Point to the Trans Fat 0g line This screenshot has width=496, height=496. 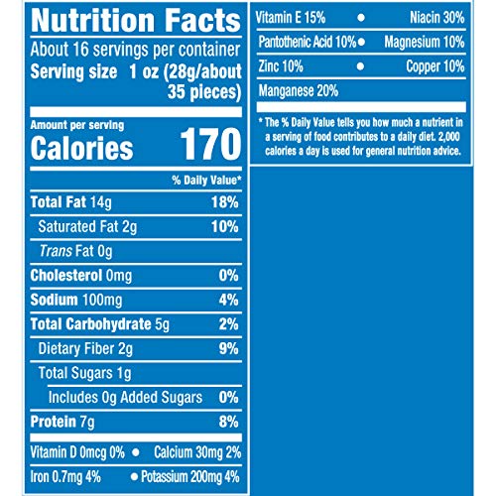(x=75, y=251)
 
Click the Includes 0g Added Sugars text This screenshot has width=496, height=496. (x=125, y=397)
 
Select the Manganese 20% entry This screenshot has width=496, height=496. (x=299, y=91)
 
